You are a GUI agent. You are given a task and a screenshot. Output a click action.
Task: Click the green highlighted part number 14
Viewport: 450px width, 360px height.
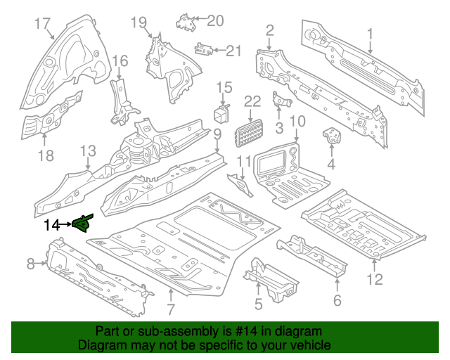pyautogui.click(x=82, y=224)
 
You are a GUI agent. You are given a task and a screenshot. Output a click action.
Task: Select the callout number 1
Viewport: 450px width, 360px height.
pyautogui.click(x=370, y=32)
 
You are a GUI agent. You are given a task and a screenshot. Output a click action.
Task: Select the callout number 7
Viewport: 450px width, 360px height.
pyautogui.click(x=170, y=310)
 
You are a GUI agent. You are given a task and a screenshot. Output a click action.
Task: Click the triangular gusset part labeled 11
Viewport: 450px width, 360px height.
pyautogui.click(x=243, y=186)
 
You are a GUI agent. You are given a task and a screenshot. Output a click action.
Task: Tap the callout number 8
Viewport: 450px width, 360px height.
pyautogui.click(x=30, y=264)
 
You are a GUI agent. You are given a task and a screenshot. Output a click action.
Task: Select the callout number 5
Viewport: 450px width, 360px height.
pyautogui.click(x=258, y=304)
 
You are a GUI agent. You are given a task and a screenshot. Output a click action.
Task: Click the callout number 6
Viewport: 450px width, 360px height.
pyautogui.click(x=337, y=301)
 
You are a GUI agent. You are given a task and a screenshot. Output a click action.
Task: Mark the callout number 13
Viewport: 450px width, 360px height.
pyautogui.click(x=87, y=151)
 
